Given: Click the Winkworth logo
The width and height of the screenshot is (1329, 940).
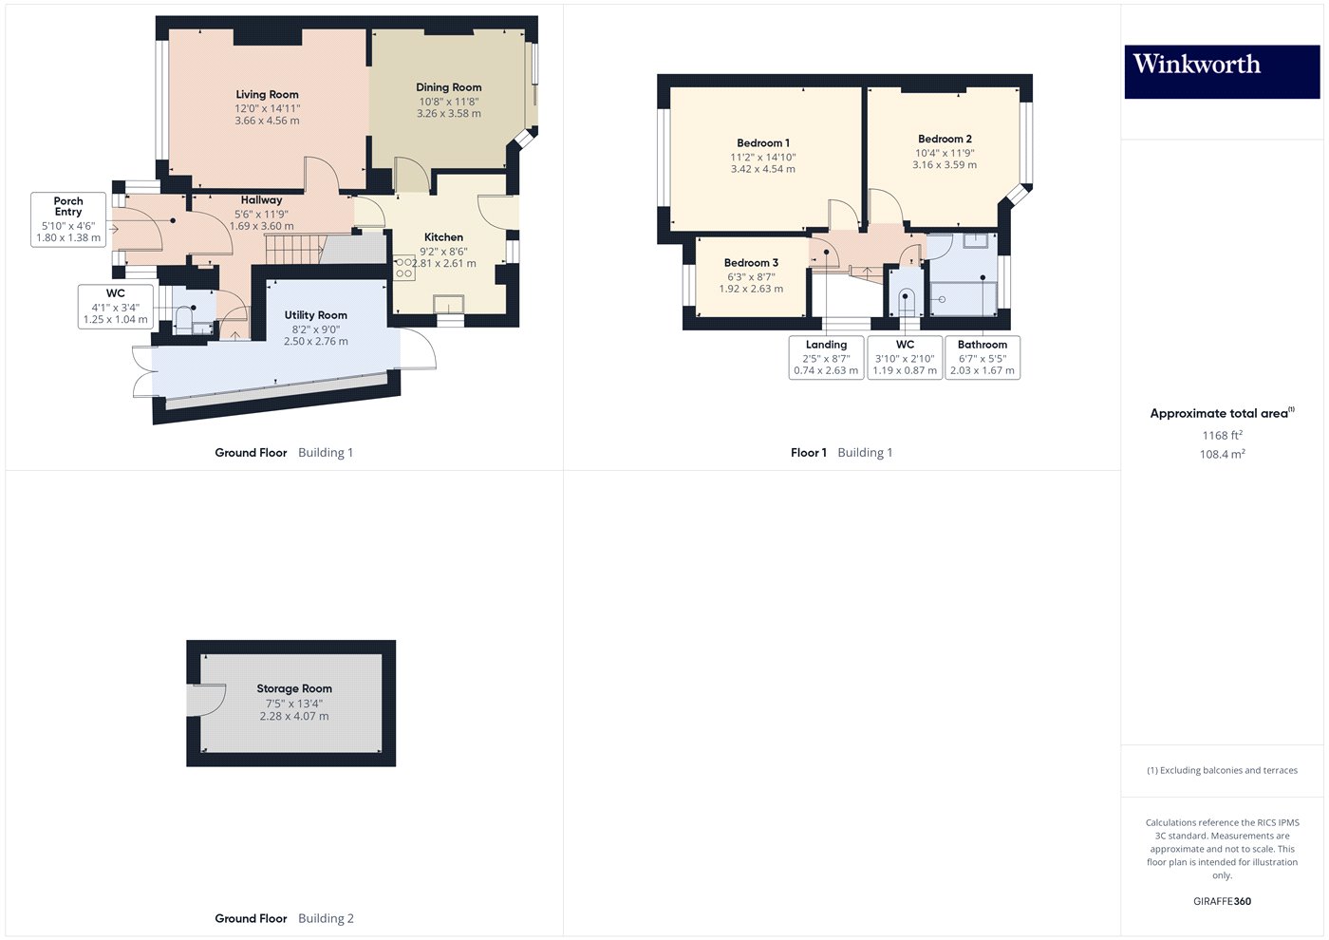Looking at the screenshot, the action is pos(1222,71).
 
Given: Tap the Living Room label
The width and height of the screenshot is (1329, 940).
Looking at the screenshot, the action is pos(267,94).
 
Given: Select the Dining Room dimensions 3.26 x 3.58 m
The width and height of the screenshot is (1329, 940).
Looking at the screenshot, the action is pos(448,113).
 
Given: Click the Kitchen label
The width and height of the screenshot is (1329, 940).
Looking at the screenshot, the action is pos(443,237).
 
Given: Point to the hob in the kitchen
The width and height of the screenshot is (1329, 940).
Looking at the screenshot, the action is pos(404,268).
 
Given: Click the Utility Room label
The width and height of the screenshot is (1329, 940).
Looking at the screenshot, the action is pos(315,315).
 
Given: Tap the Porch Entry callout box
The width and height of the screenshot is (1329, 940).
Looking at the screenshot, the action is pos(68,219).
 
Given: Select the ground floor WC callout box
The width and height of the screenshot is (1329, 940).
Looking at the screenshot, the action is pos(116,307).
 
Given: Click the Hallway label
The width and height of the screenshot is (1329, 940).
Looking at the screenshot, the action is pos(261,200).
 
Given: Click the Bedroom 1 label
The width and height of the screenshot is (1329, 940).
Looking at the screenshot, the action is pos(763,143).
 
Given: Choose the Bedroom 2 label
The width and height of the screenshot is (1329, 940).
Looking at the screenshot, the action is pos(945,139).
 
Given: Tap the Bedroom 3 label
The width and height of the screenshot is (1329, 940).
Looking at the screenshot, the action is pos(751,263).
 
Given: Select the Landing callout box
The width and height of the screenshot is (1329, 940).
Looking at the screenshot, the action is pos(826,357).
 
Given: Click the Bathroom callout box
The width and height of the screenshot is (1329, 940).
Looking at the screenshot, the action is pos(983,357).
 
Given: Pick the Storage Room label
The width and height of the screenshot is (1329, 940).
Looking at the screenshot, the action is pos(294,688).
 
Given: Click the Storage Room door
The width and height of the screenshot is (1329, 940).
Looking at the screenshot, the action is pos(207,701).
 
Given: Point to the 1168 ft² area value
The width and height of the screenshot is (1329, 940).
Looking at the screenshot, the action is pos(1223,435).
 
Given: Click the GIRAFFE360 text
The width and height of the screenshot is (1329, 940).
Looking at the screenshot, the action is pos(1223,901).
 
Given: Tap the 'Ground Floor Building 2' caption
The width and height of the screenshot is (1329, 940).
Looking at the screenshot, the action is pos(284,918).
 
